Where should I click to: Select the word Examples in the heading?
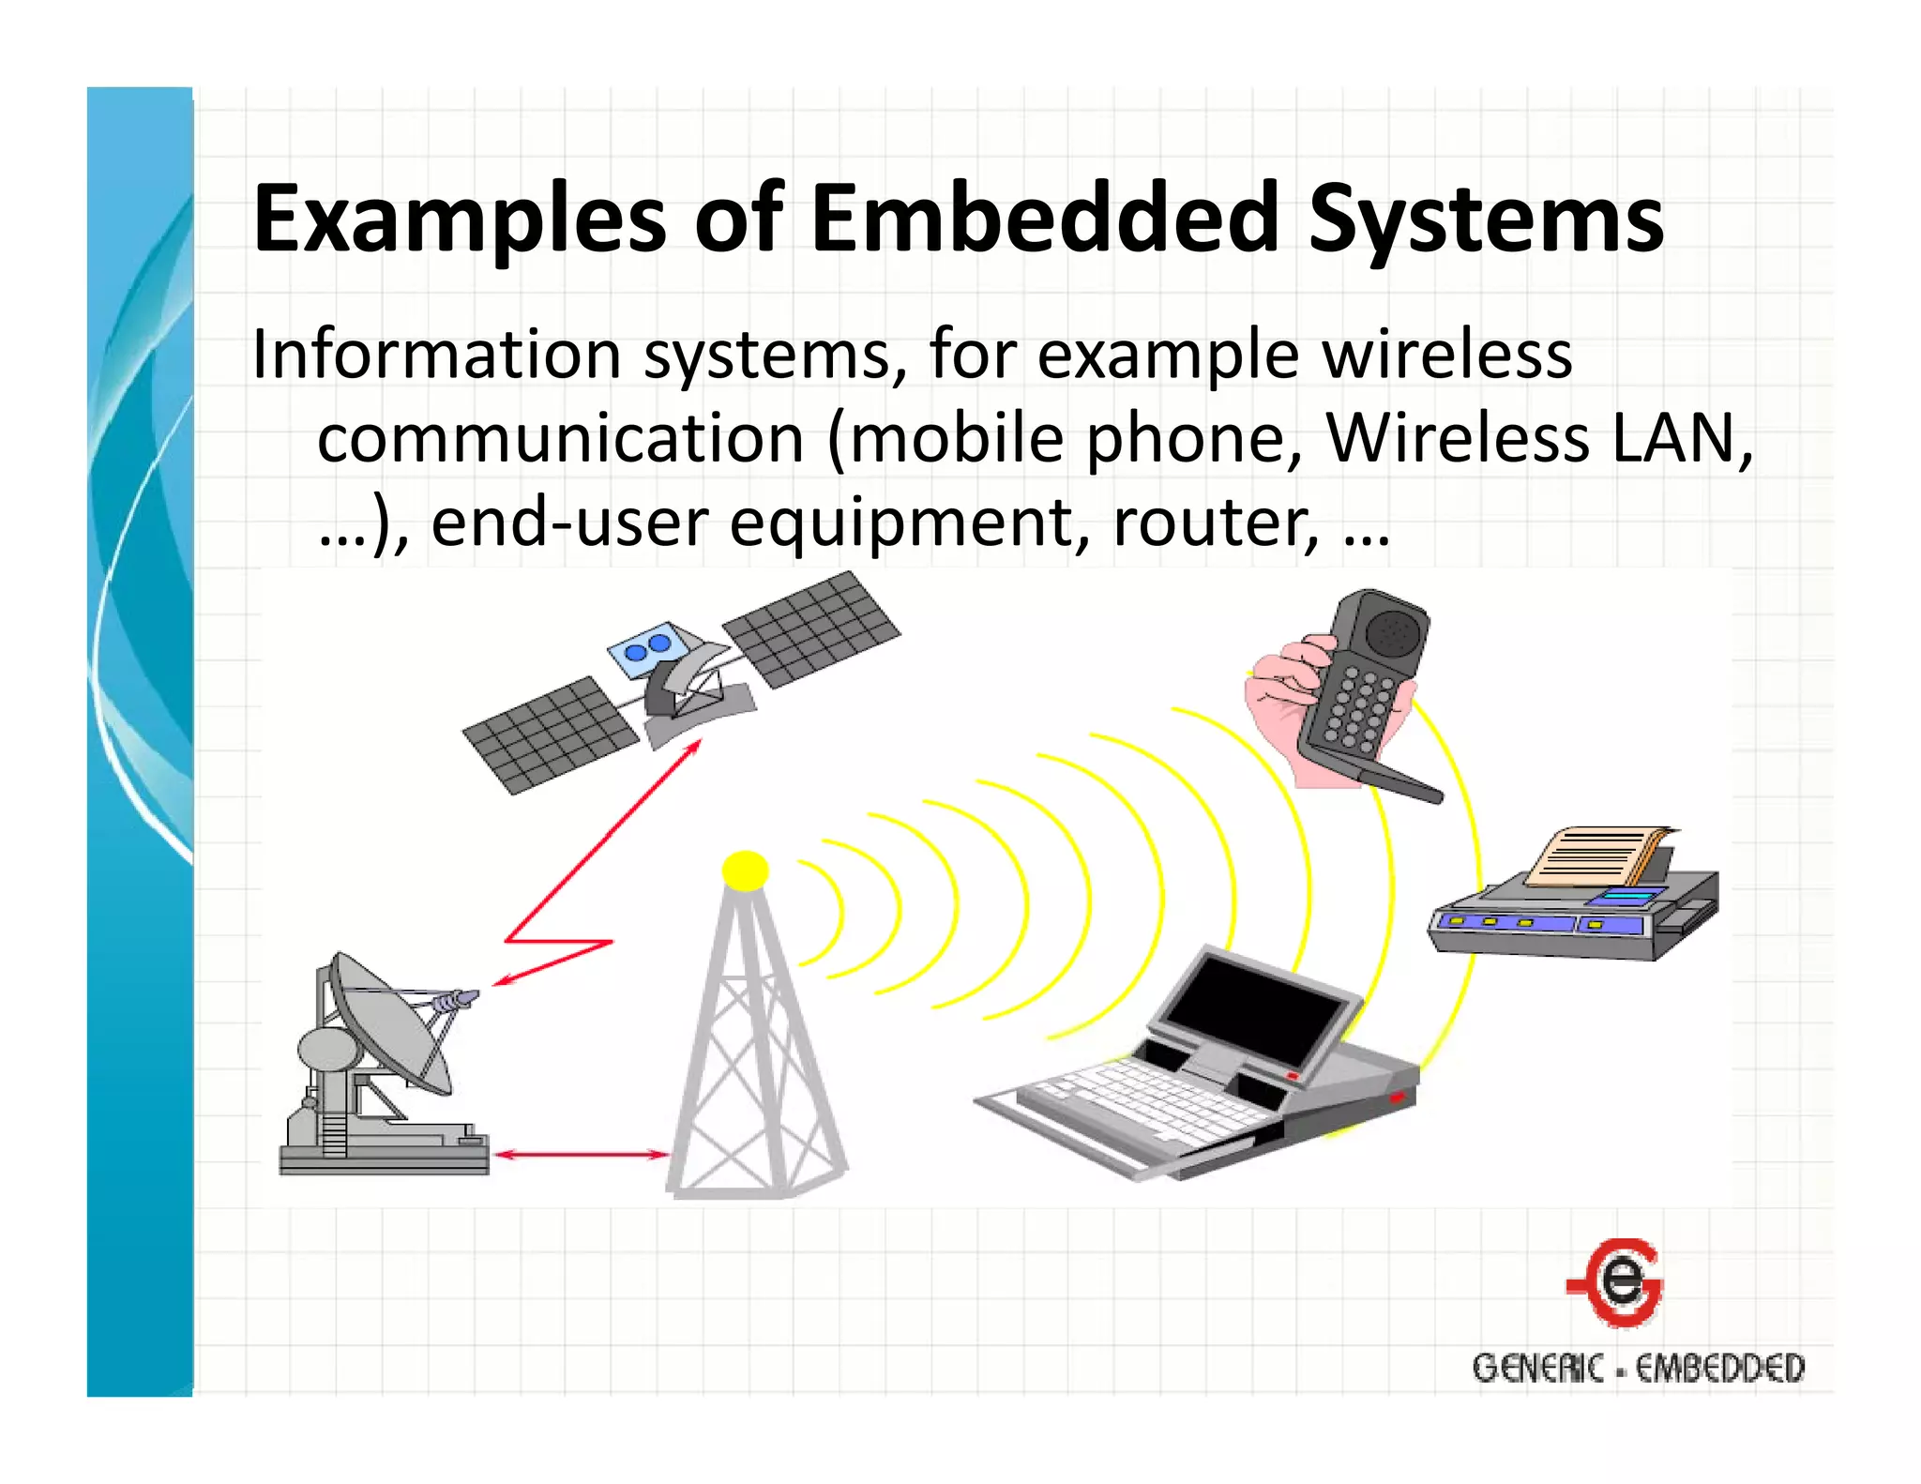click(460, 220)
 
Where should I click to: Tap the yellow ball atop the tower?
click(746, 871)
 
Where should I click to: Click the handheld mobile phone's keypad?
click(1351, 708)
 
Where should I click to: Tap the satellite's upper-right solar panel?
click(812, 626)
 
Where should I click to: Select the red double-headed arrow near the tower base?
click(581, 1155)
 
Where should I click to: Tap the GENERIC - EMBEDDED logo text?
click(1638, 1368)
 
